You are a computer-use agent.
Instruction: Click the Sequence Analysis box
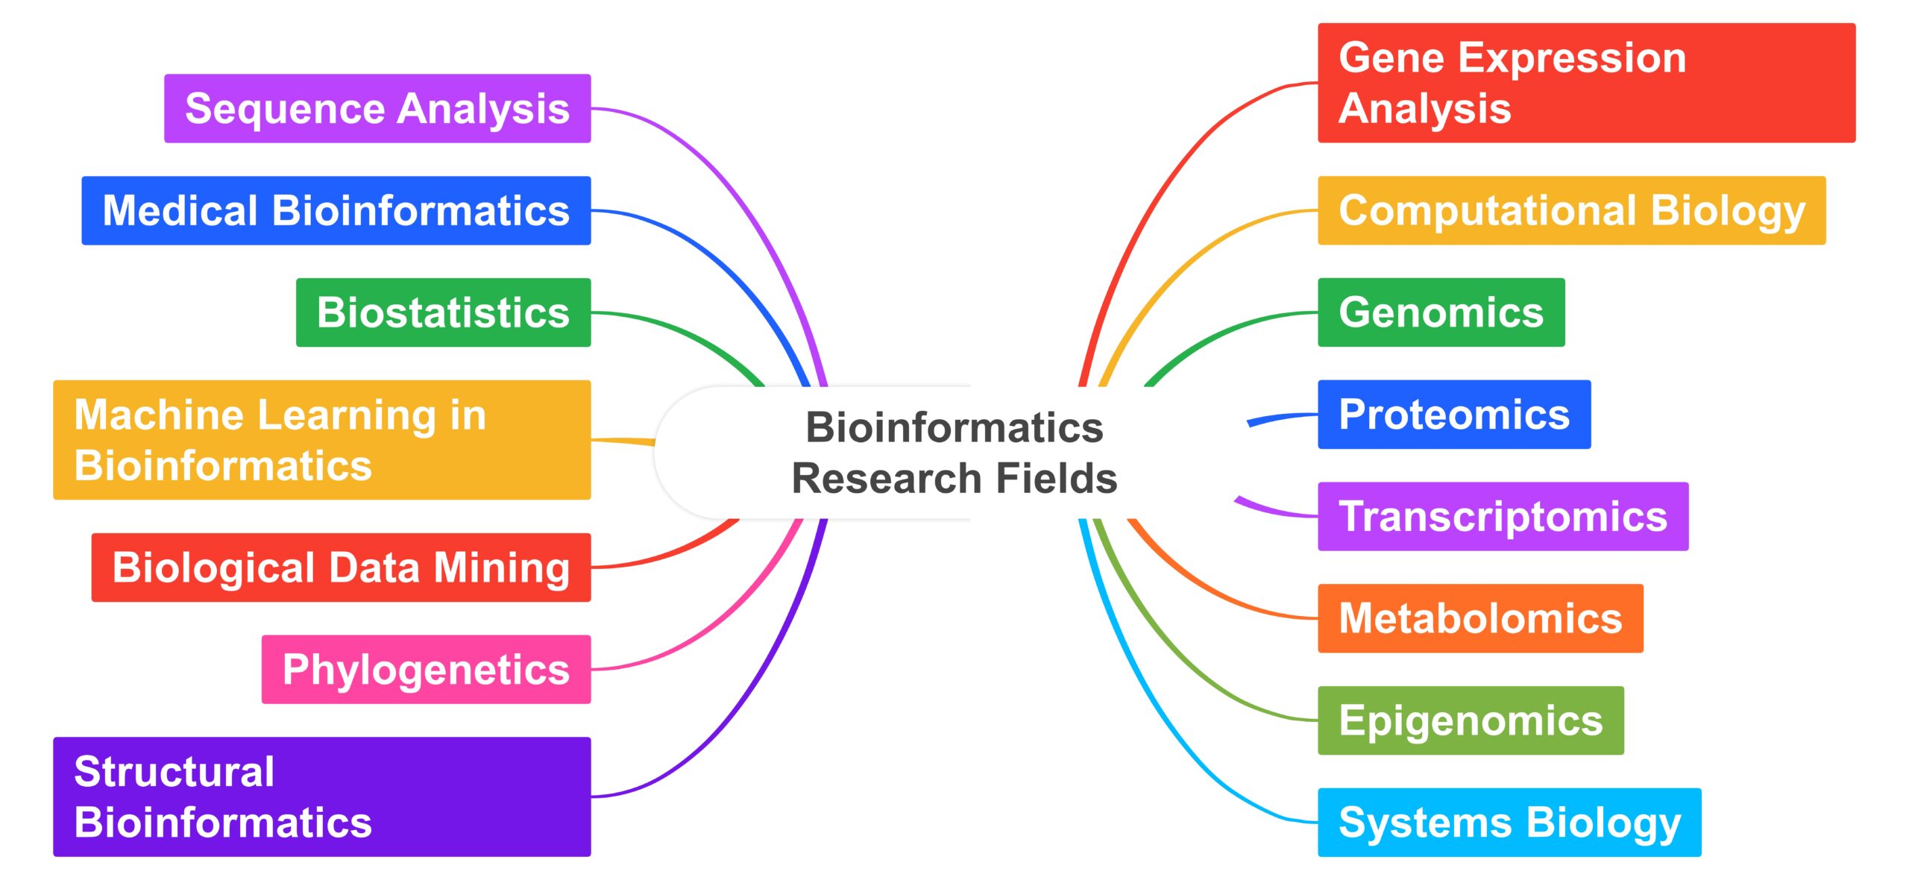(x=377, y=108)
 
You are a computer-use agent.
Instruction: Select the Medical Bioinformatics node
(x=336, y=210)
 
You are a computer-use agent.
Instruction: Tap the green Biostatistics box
(x=443, y=312)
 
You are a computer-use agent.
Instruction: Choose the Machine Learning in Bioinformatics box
(x=321, y=440)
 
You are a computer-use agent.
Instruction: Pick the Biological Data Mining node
(x=341, y=568)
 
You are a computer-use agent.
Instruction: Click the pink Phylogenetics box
(x=426, y=669)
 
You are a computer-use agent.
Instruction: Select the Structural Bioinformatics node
(x=321, y=796)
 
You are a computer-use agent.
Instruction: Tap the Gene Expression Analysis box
(x=1586, y=83)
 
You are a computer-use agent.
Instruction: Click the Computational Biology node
(x=1571, y=210)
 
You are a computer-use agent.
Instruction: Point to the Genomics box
(x=1441, y=312)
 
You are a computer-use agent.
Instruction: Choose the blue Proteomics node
(x=1454, y=415)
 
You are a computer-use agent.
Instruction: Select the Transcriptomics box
(x=1503, y=516)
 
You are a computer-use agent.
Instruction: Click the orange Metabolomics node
(x=1480, y=618)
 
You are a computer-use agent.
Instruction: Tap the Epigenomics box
(x=1471, y=720)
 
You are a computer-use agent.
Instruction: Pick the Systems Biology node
(x=1509, y=822)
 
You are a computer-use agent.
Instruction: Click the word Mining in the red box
(x=502, y=568)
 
